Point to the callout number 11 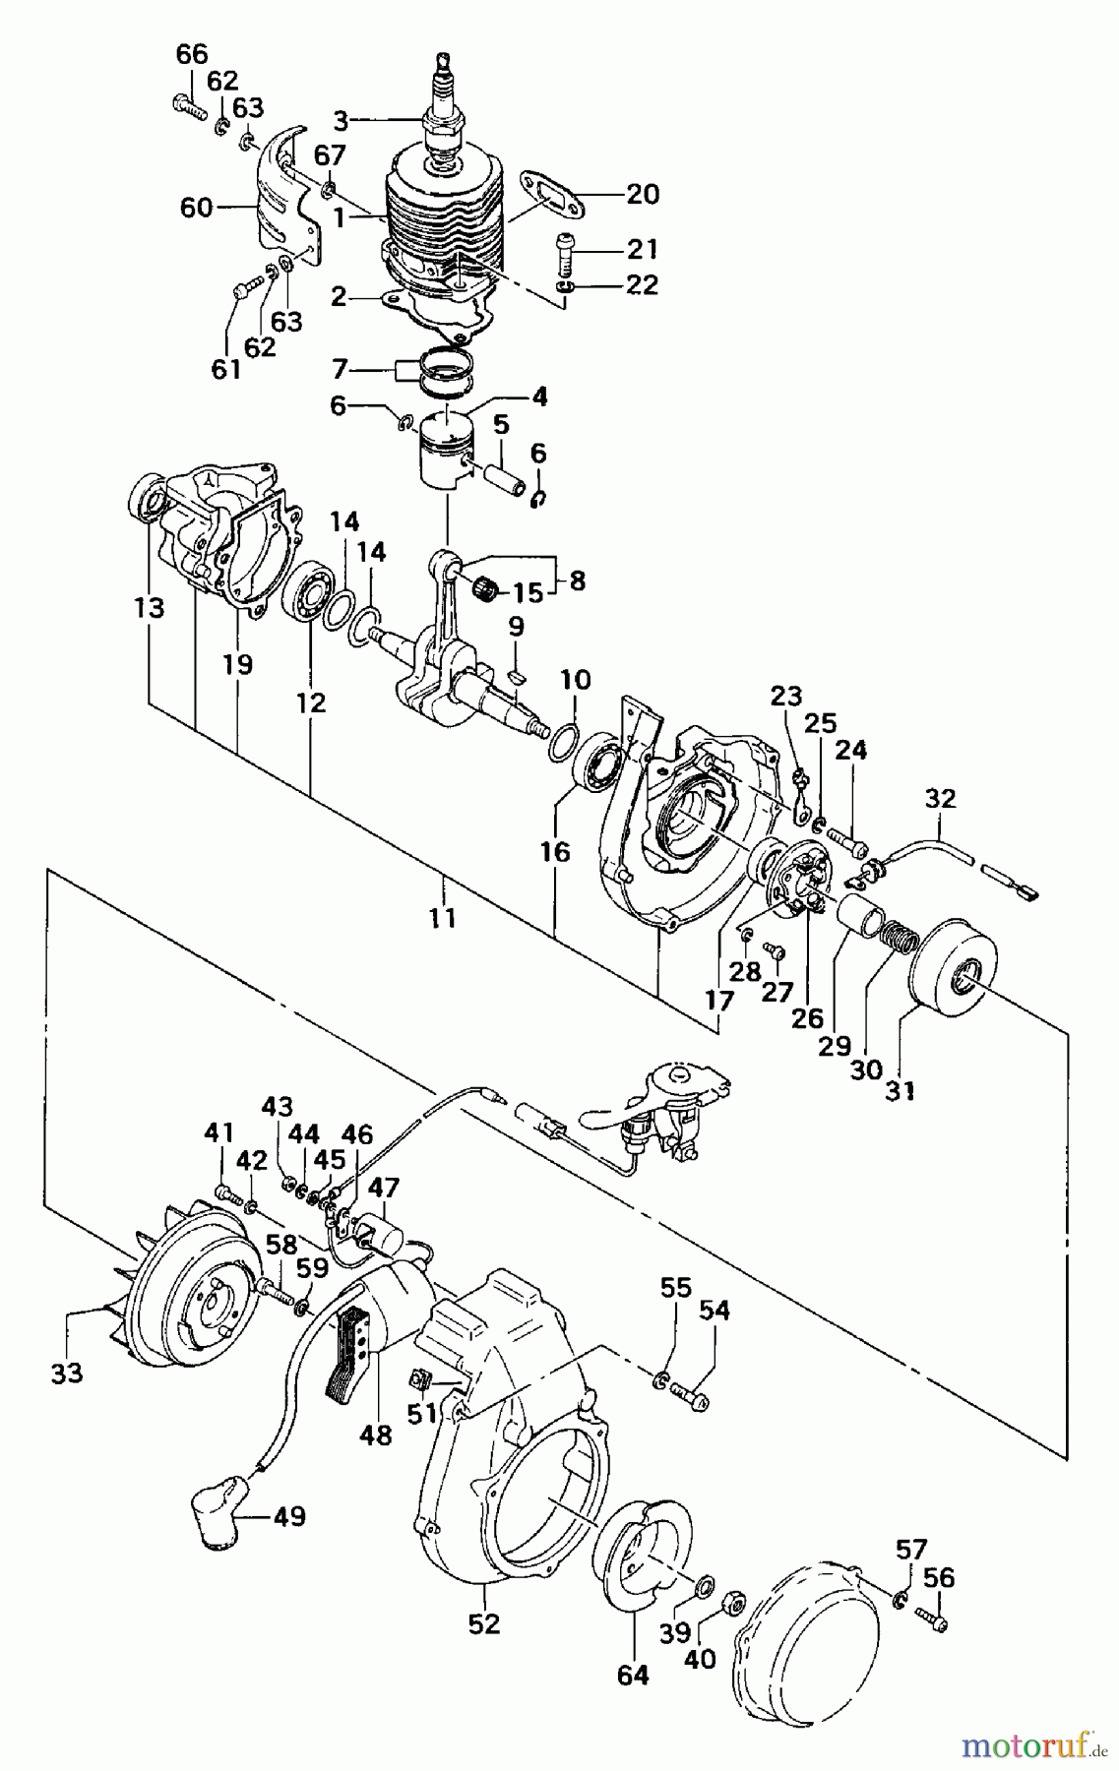point(443,918)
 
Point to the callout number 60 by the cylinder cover point(197,207)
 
